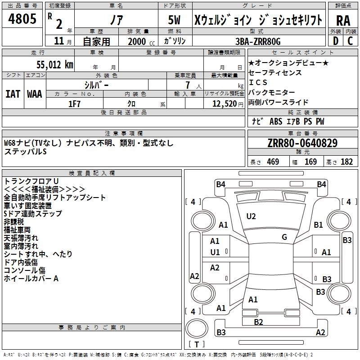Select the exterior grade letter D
(x=335, y=41)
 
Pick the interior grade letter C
(x=350, y=41)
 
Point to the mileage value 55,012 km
(x=49, y=64)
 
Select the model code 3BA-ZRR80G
(x=257, y=41)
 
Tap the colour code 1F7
(x=75, y=104)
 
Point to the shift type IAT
(x=13, y=94)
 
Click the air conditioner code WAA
(x=35, y=94)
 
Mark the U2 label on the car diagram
(x=251, y=216)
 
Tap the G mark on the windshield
(x=284, y=237)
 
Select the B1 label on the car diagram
(x=319, y=225)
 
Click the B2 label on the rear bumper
(x=258, y=322)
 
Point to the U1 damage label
(x=215, y=252)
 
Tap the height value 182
(x=346, y=162)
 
